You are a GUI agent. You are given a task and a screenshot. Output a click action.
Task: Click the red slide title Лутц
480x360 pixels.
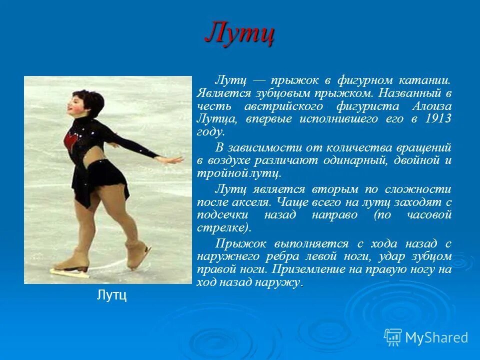239,34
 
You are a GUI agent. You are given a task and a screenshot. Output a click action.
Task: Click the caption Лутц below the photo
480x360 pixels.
111,295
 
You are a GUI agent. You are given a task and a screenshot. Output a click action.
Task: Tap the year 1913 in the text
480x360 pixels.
438,119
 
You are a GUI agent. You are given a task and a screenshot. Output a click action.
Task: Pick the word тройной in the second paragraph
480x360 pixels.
215,173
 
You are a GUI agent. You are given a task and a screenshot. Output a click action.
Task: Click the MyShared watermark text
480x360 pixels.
436,337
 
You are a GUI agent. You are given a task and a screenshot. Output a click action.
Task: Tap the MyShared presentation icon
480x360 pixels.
393,336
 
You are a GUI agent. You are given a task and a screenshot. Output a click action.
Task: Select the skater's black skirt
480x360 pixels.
102,180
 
